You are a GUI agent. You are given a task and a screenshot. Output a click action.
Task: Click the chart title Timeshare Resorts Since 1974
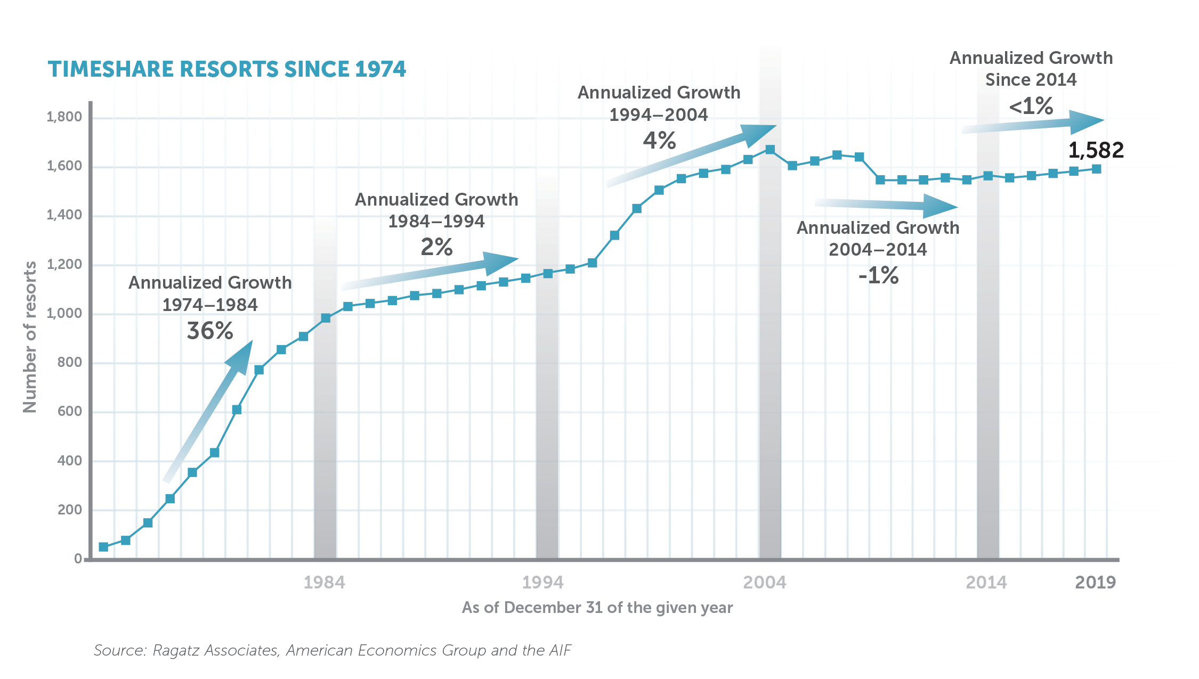click(x=226, y=69)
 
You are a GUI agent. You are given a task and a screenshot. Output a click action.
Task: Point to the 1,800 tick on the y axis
click(x=64, y=117)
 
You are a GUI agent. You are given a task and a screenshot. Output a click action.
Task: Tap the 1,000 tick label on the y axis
click(x=64, y=313)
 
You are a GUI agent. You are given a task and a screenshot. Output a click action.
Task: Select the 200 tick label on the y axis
click(x=69, y=510)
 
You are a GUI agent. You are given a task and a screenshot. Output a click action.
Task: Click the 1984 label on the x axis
click(x=324, y=582)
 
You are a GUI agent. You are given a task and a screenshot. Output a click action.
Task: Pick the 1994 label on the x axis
click(x=542, y=582)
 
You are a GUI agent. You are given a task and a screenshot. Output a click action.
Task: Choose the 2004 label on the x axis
click(x=764, y=582)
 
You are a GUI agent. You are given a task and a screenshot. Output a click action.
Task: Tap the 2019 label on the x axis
click(x=1095, y=582)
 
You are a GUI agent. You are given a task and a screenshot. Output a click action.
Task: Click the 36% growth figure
click(x=210, y=331)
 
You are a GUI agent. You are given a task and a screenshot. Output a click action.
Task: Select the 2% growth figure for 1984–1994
click(x=436, y=247)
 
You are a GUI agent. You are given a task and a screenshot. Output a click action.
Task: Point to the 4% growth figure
click(x=659, y=141)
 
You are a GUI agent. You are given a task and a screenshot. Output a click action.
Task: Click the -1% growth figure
click(x=878, y=275)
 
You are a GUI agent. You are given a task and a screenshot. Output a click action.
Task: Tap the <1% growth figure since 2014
click(x=1031, y=106)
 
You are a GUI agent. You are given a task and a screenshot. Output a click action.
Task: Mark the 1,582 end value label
click(x=1096, y=150)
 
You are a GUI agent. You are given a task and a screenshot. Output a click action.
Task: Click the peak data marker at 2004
click(x=770, y=150)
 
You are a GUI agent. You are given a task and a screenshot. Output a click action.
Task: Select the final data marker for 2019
click(x=1096, y=169)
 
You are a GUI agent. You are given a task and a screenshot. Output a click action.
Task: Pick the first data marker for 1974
click(x=103, y=547)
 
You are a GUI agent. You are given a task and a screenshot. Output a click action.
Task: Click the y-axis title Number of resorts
click(x=30, y=337)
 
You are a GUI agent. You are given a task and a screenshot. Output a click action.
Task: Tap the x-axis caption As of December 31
click(x=597, y=608)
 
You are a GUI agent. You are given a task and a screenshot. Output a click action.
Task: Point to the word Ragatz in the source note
click(x=177, y=650)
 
